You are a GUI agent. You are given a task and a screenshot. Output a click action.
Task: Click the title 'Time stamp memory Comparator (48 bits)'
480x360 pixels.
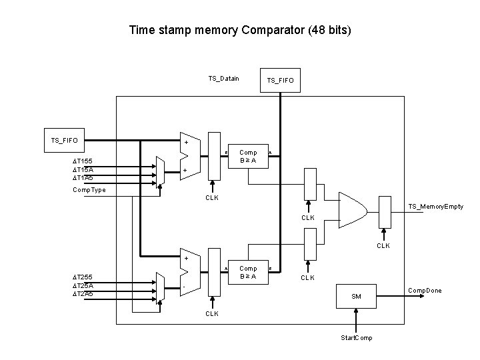240,30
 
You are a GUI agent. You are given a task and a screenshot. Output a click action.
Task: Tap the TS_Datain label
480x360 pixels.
223,79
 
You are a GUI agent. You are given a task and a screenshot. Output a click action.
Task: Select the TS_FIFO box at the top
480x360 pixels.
280,81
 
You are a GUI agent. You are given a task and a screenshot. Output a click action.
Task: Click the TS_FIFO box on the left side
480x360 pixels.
65,141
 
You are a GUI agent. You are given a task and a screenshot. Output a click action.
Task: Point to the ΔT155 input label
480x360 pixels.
83,161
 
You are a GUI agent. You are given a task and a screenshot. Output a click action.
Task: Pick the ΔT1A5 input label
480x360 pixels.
83,178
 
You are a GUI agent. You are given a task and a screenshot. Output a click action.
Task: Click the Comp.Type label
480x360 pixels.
89,190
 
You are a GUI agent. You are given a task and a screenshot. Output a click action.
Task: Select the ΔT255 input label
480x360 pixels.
83,277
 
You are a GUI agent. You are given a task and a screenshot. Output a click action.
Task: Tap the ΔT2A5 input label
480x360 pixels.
83,293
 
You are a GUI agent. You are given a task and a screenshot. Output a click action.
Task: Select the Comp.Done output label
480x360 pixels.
425,290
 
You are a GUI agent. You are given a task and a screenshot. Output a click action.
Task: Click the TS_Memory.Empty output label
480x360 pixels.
436,207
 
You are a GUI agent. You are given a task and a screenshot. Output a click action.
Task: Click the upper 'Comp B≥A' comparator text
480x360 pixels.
248,157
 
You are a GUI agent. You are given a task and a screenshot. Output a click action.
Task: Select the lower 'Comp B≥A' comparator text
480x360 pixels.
248,273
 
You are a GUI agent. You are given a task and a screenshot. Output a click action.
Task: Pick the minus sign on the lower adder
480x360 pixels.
185,288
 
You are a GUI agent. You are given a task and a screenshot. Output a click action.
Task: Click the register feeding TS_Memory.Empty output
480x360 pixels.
385,212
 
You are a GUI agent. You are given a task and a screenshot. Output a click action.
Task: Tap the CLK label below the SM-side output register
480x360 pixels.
383,245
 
